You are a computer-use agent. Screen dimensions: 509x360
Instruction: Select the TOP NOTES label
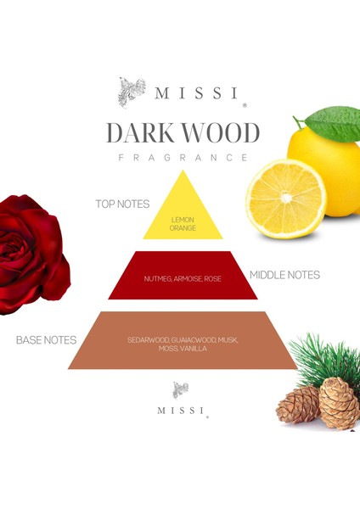(123, 204)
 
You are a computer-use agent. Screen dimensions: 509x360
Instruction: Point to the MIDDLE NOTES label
(284, 275)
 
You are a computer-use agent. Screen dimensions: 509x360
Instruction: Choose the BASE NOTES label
(47, 340)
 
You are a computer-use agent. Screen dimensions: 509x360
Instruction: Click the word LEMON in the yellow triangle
(183, 219)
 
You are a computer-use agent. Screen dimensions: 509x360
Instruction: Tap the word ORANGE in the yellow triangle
(183, 227)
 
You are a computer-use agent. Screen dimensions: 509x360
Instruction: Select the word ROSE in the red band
(213, 279)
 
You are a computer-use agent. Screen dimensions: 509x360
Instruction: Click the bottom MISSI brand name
(180, 411)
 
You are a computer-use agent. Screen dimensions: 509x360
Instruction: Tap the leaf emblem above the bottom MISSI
(180, 389)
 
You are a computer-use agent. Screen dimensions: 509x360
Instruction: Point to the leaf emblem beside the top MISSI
(132, 91)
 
